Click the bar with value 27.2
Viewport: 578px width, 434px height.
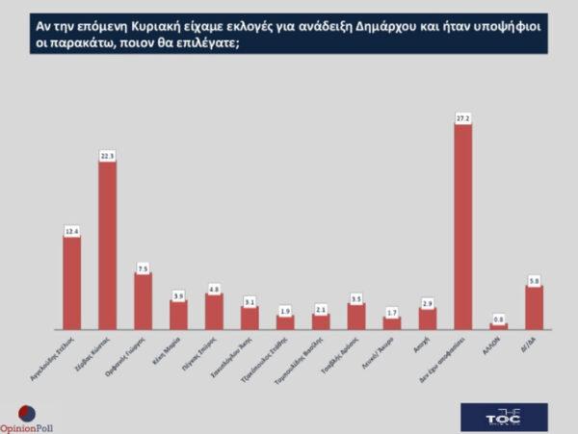coord(462,226)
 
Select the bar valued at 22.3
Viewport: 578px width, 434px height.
coord(107,245)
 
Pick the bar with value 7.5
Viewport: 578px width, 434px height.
coord(143,301)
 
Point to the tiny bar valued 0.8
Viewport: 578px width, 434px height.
coord(498,326)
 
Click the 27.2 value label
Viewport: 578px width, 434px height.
coord(462,118)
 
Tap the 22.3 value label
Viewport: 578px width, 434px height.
coord(107,155)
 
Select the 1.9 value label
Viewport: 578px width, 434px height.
coord(285,310)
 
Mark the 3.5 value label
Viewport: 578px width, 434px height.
coord(356,297)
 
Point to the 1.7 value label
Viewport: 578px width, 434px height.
coord(391,312)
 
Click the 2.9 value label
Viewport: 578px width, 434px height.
coord(427,302)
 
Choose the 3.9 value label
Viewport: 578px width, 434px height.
coord(178,294)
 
